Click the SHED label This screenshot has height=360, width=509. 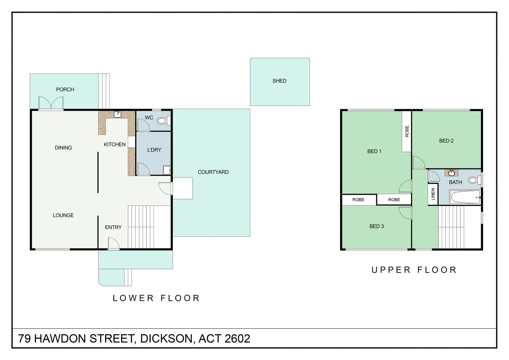(279, 81)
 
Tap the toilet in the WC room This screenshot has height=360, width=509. (164, 120)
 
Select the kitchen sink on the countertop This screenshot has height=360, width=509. (117, 114)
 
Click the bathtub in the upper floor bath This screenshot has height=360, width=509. (465, 197)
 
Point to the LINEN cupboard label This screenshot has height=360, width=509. (433, 194)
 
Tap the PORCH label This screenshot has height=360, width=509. (65, 90)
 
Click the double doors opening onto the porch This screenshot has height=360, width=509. (51, 103)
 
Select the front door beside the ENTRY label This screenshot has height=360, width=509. (113, 243)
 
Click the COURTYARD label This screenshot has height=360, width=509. (213, 172)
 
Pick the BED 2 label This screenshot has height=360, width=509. (446, 141)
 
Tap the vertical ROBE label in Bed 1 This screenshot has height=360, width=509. (407, 131)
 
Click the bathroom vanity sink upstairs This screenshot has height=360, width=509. (451, 173)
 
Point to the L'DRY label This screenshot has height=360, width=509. (154, 150)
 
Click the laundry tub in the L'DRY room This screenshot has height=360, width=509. (167, 170)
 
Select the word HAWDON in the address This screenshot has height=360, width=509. (61, 339)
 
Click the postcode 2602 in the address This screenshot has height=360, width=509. (237, 339)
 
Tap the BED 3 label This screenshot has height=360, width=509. (377, 226)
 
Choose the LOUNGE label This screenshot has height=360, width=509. (63, 215)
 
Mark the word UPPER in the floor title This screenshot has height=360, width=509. (391, 270)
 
